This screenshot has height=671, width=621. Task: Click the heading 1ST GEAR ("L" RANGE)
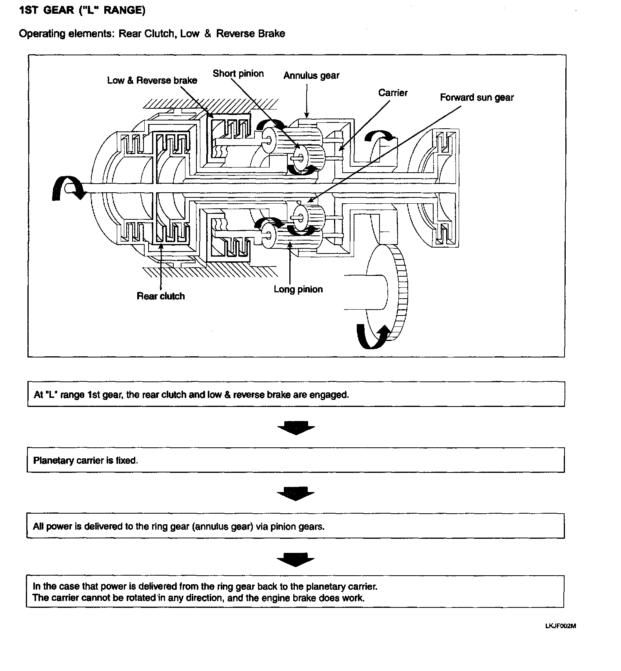pyautogui.click(x=82, y=11)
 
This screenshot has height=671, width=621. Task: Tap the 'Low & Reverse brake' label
pyautogui.click(x=152, y=80)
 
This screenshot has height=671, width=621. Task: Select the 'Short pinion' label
pyautogui.click(x=238, y=74)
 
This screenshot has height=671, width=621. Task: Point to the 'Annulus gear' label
pyautogui.click(x=311, y=76)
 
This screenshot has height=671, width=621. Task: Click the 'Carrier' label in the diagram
pyautogui.click(x=392, y=93)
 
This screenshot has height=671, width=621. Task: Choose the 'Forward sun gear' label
pyautogui.click(x=476, y=98)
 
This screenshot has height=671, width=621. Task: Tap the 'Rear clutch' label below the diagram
pyautogui.click(x=160, y=296)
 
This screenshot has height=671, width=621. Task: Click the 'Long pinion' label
pyautogui.click(x=298, y=290)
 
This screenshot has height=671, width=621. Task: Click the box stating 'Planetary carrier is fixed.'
pyautogui.click(x=296, y=460)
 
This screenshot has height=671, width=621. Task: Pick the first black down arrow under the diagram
pyautogui.click(x=296, y=428)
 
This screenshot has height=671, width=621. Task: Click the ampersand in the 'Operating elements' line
pyautogui.click(x=208, y=34)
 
